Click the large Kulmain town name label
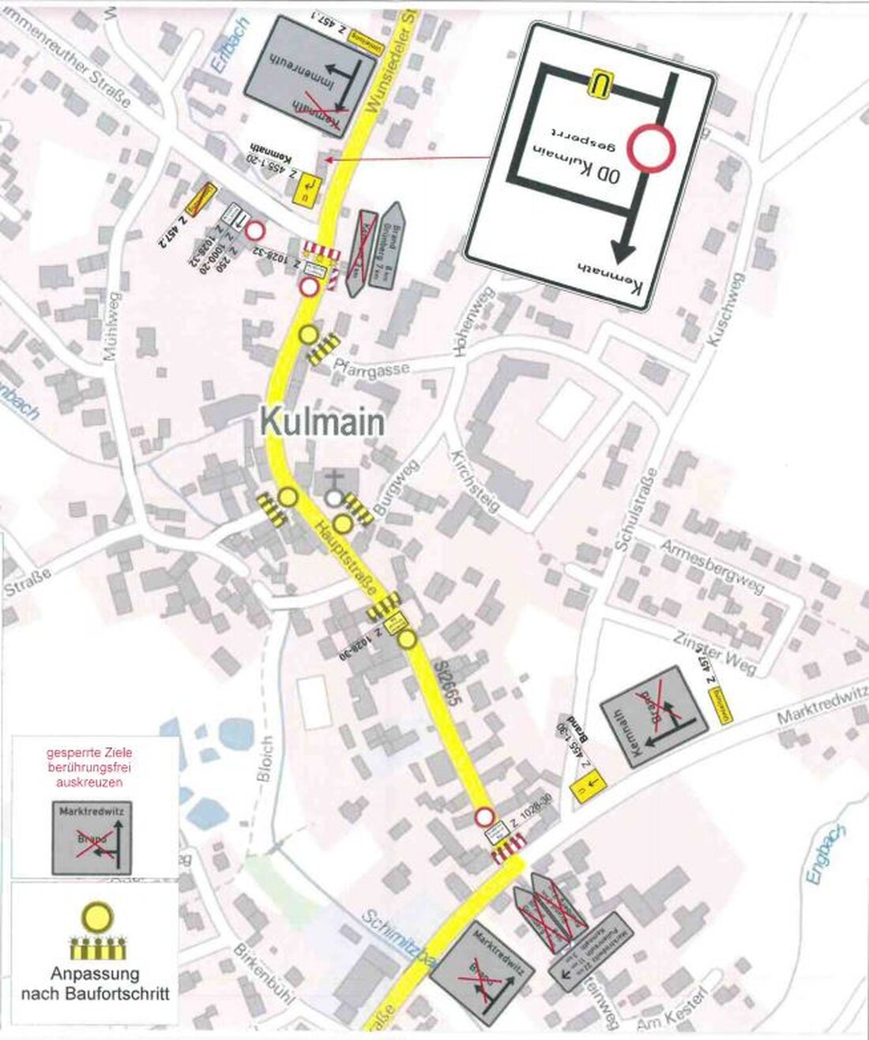[322, 422]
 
